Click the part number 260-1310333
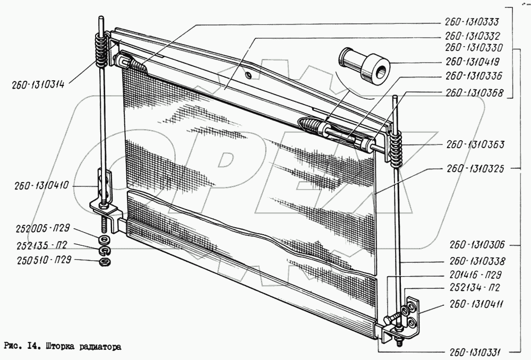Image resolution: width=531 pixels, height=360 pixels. (472, 22)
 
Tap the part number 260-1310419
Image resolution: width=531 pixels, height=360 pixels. (473, 62)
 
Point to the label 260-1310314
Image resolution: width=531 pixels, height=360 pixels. (38, 84)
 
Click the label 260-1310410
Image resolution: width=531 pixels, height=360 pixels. (41, 186)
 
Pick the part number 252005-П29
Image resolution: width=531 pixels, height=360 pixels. (42, 228)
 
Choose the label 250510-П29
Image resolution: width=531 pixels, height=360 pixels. (44, 260)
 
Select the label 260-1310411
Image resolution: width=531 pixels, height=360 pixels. (476, 304)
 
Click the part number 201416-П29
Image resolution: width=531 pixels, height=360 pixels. (475, 275)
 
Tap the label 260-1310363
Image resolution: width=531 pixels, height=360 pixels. (475, 144)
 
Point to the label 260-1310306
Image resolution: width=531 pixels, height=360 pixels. (477, 245)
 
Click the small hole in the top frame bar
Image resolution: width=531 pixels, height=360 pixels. (249, 74)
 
